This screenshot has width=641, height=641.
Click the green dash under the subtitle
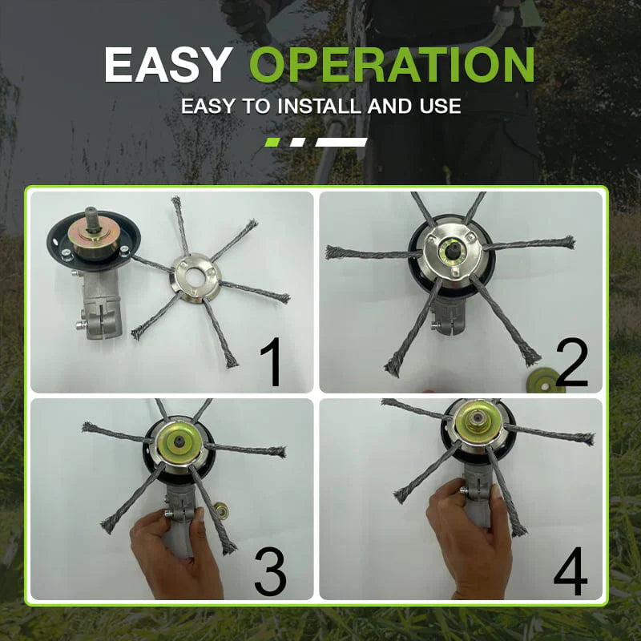[x=272, y=142]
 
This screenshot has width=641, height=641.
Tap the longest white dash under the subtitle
[x=341, y=142]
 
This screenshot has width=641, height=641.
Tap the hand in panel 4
[x=465, y=545]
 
